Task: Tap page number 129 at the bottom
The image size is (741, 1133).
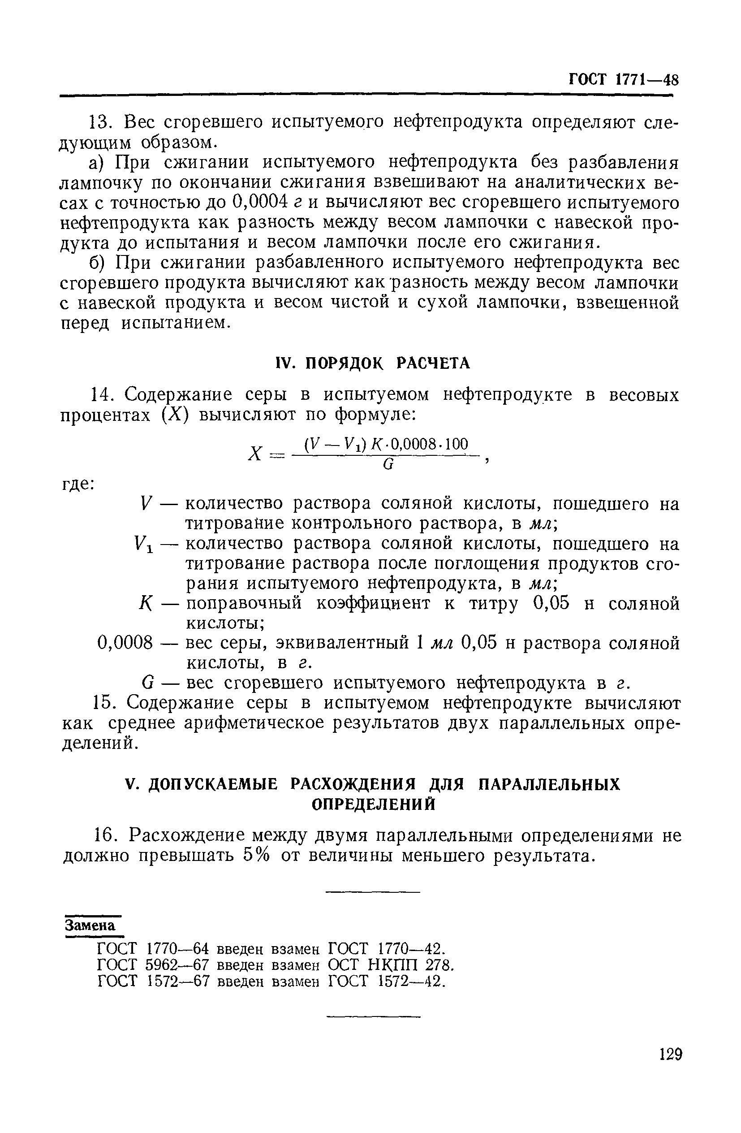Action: click(x=671, y=1054)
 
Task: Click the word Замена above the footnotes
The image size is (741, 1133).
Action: click(x=90, y=925)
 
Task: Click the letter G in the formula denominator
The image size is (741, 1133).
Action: click(x=388, y=466)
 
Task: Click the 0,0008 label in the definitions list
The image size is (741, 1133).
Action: click(x=125, y=643)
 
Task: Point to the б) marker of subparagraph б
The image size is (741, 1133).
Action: click(x=99, y=263)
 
